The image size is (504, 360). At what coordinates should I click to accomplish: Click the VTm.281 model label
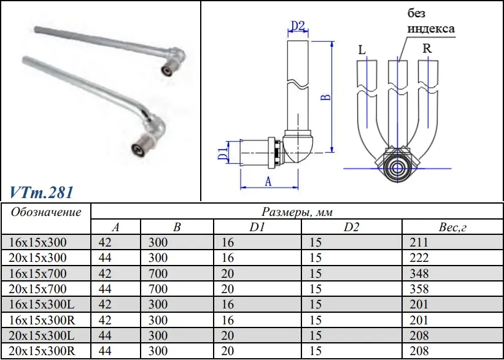pyautogui.click(x=42, y=192)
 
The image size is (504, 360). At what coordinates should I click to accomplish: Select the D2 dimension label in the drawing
pyautogui.click(x=298, y=26)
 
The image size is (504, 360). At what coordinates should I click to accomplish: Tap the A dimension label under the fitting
pyautogui.click(x=268, y=182)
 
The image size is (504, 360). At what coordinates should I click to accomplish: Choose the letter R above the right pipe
pyautogui.click(x=427, y=48)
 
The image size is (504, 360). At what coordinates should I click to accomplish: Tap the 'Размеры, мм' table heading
pyautogui.click(x=297, y=212)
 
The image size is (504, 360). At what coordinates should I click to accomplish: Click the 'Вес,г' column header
pyautogui.click(x=454, y=228)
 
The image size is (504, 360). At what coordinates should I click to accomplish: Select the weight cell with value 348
pyautogui.click(x=419, y=273)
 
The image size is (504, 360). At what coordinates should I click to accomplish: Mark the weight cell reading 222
pyautogui.click(x=419, y=257)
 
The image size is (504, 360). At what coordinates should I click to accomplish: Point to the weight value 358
pyautogui.click(x=419, y=288)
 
